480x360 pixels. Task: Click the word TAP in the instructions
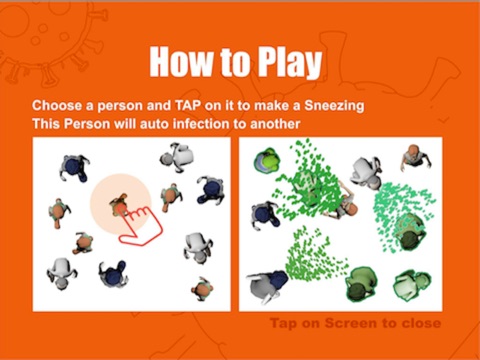pyautogui.click(x=188, y=106)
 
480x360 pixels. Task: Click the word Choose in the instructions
pyautogui.click(x=57, y=106)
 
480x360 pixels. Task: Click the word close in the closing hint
pyautogui.click(x=421, y=323)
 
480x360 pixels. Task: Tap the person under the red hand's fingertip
pyautogui.click(x=119, y=205)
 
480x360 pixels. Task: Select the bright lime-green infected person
pyautogui.click(x=266, y=161)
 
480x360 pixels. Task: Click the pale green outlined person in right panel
pyautogui.click(x=412, y=286)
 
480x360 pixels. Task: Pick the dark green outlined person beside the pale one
pyautogui.click(x=361, y=284)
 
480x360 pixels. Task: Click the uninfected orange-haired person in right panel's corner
pyautogui.click(x=415, y=156)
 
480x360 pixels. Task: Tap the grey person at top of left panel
pyautogui.click(x=177, y=157)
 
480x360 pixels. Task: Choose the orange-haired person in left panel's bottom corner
pyautogui.click(x=202, y=289)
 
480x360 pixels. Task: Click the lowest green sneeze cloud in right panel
pyautogui.click(x=313, y=258)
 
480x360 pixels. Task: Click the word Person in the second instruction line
pyautogui.click(x=87, y=124)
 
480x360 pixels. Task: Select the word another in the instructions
pyautogui.click(x=275, y=124)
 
